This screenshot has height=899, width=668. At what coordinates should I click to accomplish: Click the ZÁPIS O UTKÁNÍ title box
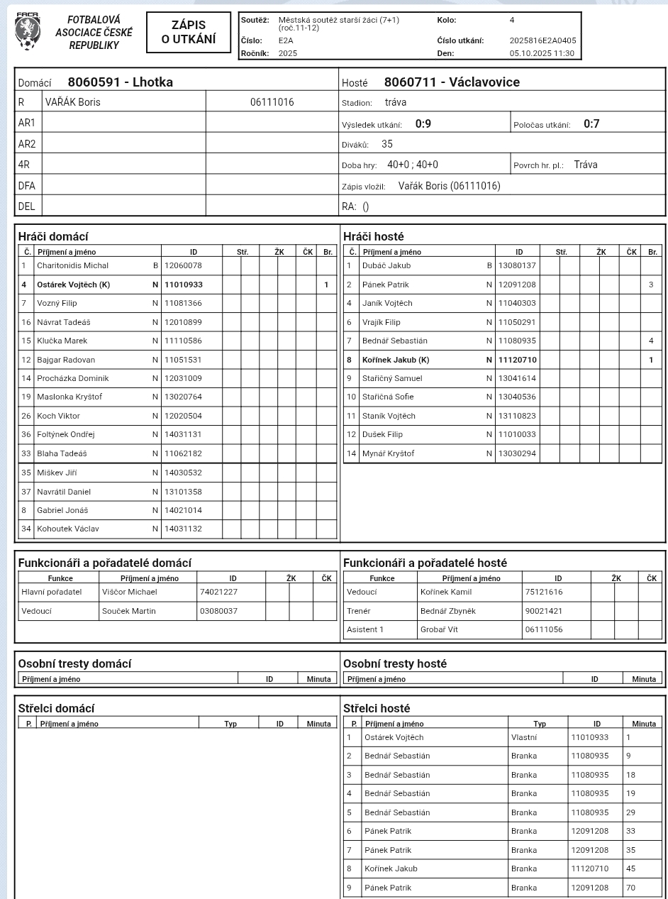pyautogui.click(x=189, y=33)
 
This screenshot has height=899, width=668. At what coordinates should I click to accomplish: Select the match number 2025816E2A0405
pyautogui.click(x=542, y=40)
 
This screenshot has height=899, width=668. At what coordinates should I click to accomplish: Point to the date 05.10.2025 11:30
pyautogui.click(x=542, y=53)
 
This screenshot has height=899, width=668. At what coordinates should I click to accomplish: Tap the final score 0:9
pyautogui.click(x=423, y=124)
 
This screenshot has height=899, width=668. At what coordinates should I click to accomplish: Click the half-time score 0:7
pyautogui.click(x=591, y=124)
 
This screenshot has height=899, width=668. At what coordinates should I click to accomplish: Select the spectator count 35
pyautogui.click(x=387, y=144)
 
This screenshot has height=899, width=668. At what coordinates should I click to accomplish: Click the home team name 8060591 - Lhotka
pyautogui.click(x=121, y=82)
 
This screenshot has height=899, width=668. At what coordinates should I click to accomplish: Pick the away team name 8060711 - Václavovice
pyautogui.click(x=452, y=82)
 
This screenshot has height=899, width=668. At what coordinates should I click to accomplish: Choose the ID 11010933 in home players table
pyautogui.click(x=184, y=285)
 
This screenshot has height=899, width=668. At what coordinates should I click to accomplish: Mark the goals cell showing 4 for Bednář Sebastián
pyautogui.click(x=651, y=341)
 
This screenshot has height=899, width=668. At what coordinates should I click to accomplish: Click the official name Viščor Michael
pyautogui.click(x=130, y=592)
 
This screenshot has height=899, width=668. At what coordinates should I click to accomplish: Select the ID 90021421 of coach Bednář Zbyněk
pyautogui.click(x=544, y=610)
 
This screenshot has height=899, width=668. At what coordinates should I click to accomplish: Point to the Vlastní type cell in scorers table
pyautogui.click(x=524, y=737)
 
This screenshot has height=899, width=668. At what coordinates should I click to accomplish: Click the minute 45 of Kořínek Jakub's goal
pyautogui.click(x=631, y=868)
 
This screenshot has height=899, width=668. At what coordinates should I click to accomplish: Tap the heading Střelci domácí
pyautogui.click(x=56, y=708)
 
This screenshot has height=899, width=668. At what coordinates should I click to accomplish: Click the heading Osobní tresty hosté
pyautogui.click(x=395, y=664)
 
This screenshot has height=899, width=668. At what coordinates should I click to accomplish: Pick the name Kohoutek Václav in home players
pyautogui.click(x=68, y=529)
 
